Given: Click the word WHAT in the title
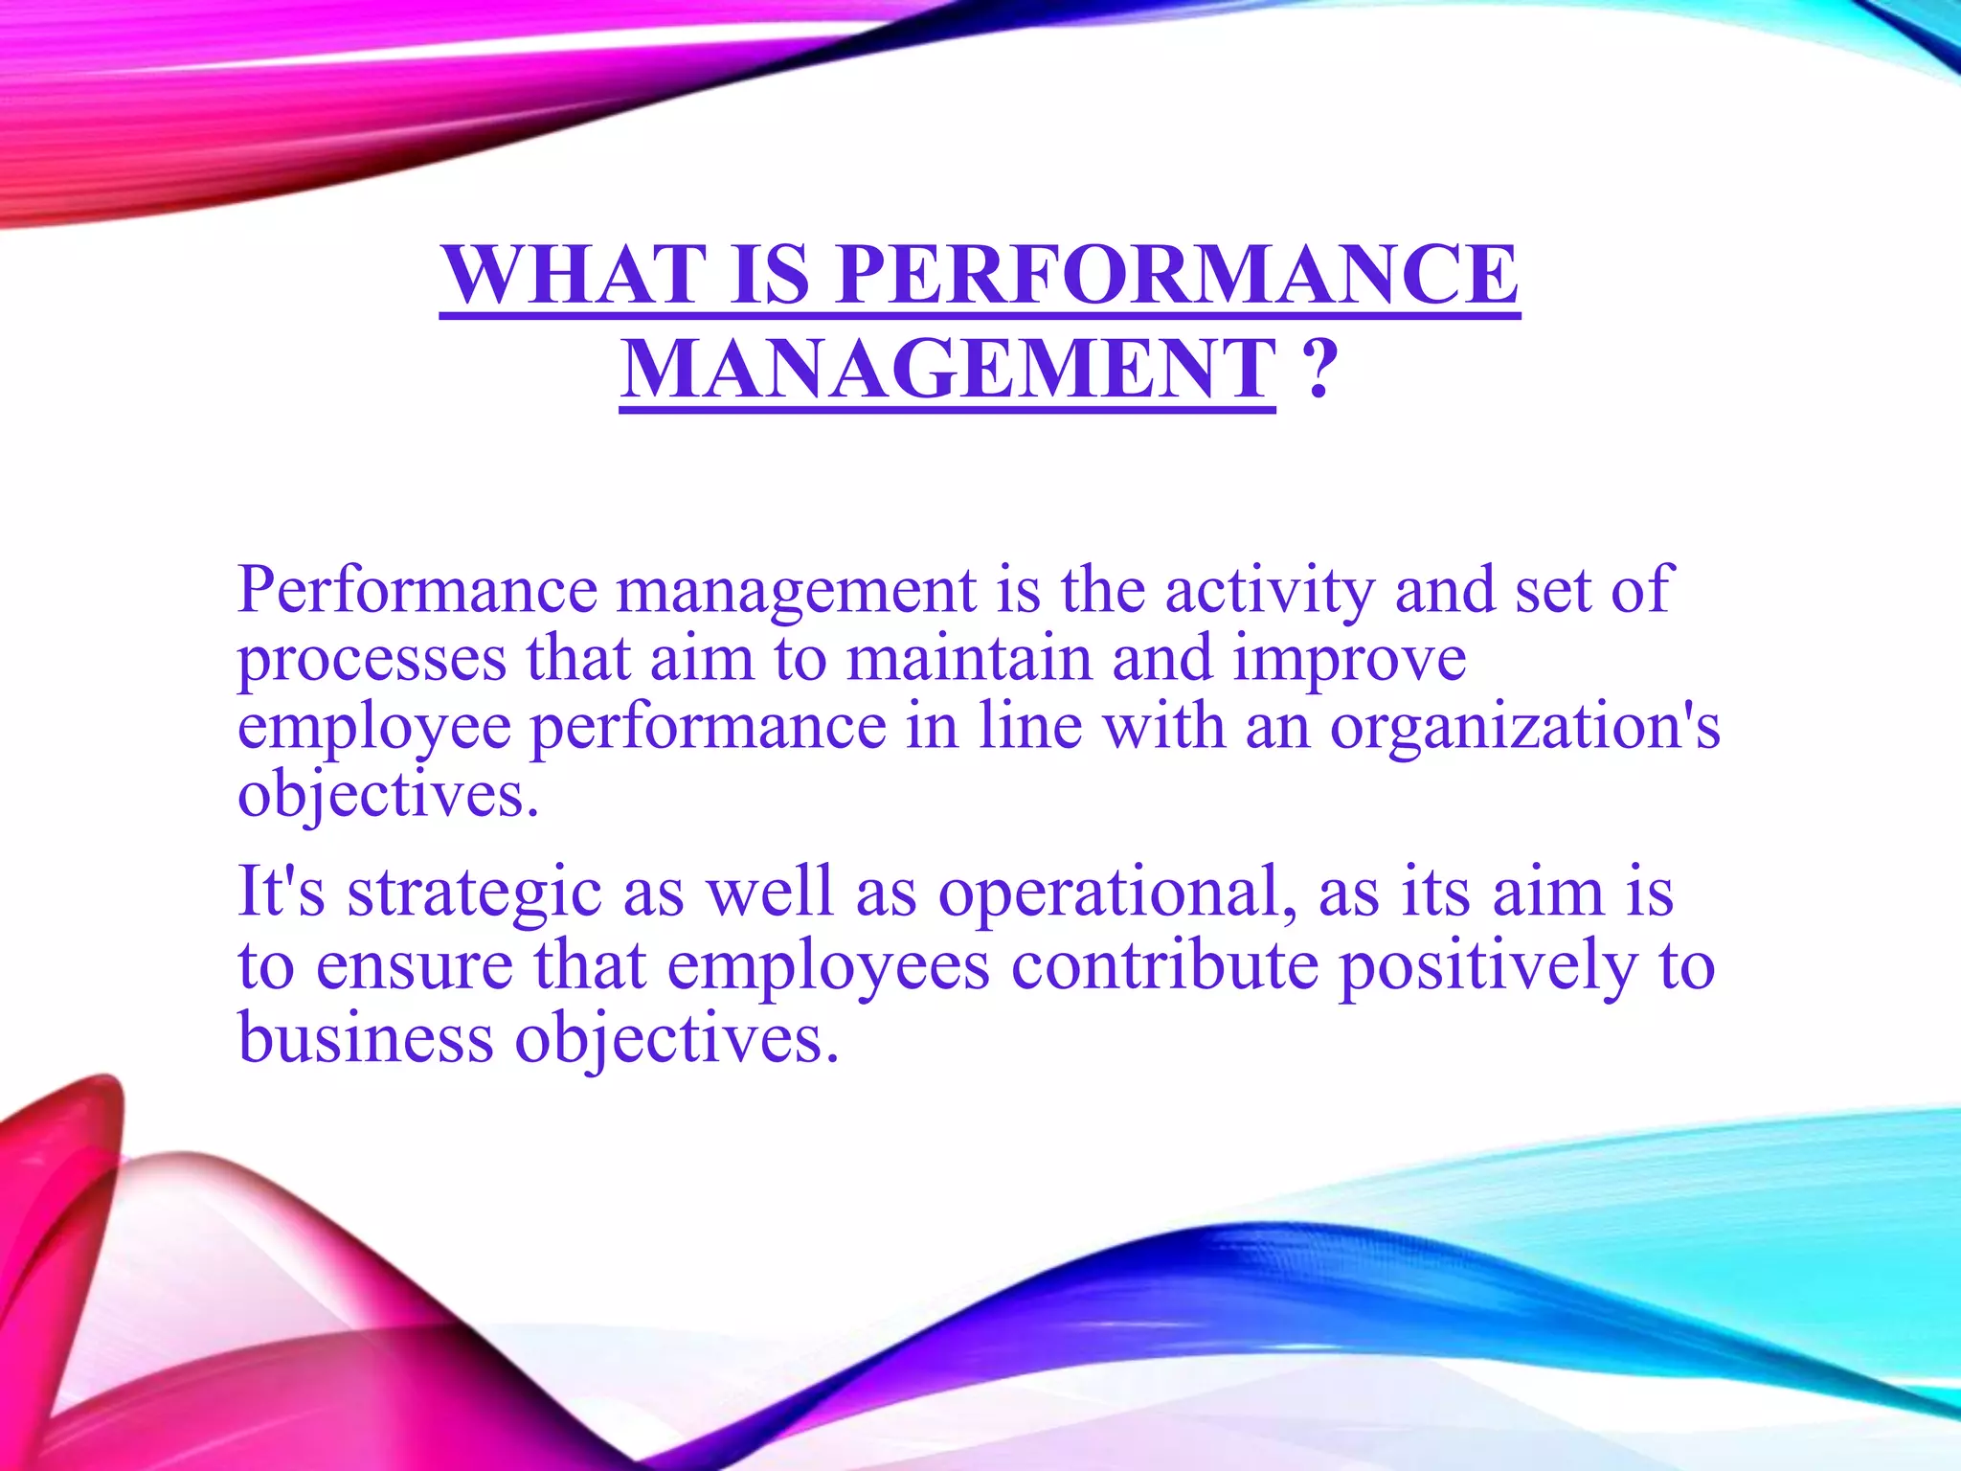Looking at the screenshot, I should pos(573,275).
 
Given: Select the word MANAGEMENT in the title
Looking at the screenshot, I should pos(947,370).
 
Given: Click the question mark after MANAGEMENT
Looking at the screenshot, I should pos(1319,370).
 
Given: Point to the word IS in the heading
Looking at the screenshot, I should pos(770,275).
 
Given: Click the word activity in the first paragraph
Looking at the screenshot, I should pos(1270,590).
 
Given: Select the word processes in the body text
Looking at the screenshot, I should pos(372,661).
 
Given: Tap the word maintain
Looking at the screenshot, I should pos(969,659).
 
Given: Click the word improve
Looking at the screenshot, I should pos(1349,661).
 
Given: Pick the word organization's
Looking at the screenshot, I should pos(1524,728).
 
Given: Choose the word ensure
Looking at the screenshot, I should pos(415,966).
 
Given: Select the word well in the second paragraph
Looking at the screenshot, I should pos(770,891).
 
